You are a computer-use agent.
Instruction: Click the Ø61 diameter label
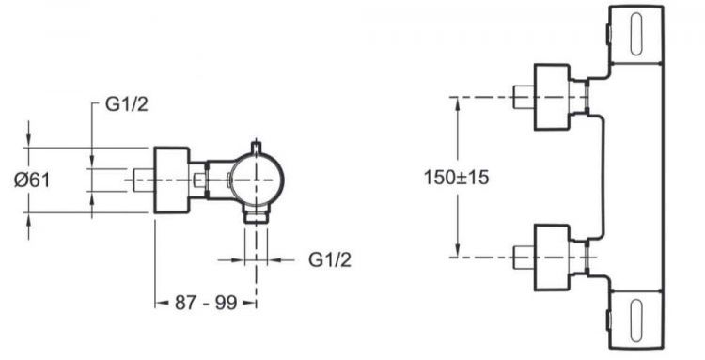tap(32, 180)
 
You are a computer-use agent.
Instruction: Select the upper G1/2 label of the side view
tap(126, 104)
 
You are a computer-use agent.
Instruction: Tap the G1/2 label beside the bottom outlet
tap(330, 259)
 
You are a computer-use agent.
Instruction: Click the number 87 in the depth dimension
tap(186, 303)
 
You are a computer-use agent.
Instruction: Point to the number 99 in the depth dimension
tap(226, 303)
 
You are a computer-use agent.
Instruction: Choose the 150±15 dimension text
tap(456, 178)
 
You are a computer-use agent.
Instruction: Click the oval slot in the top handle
tap(636, 34)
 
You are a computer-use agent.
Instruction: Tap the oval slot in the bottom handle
tap(636, 320)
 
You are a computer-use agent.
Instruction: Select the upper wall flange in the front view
tap(552, 97)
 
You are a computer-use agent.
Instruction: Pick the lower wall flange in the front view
tap(552, 258)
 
